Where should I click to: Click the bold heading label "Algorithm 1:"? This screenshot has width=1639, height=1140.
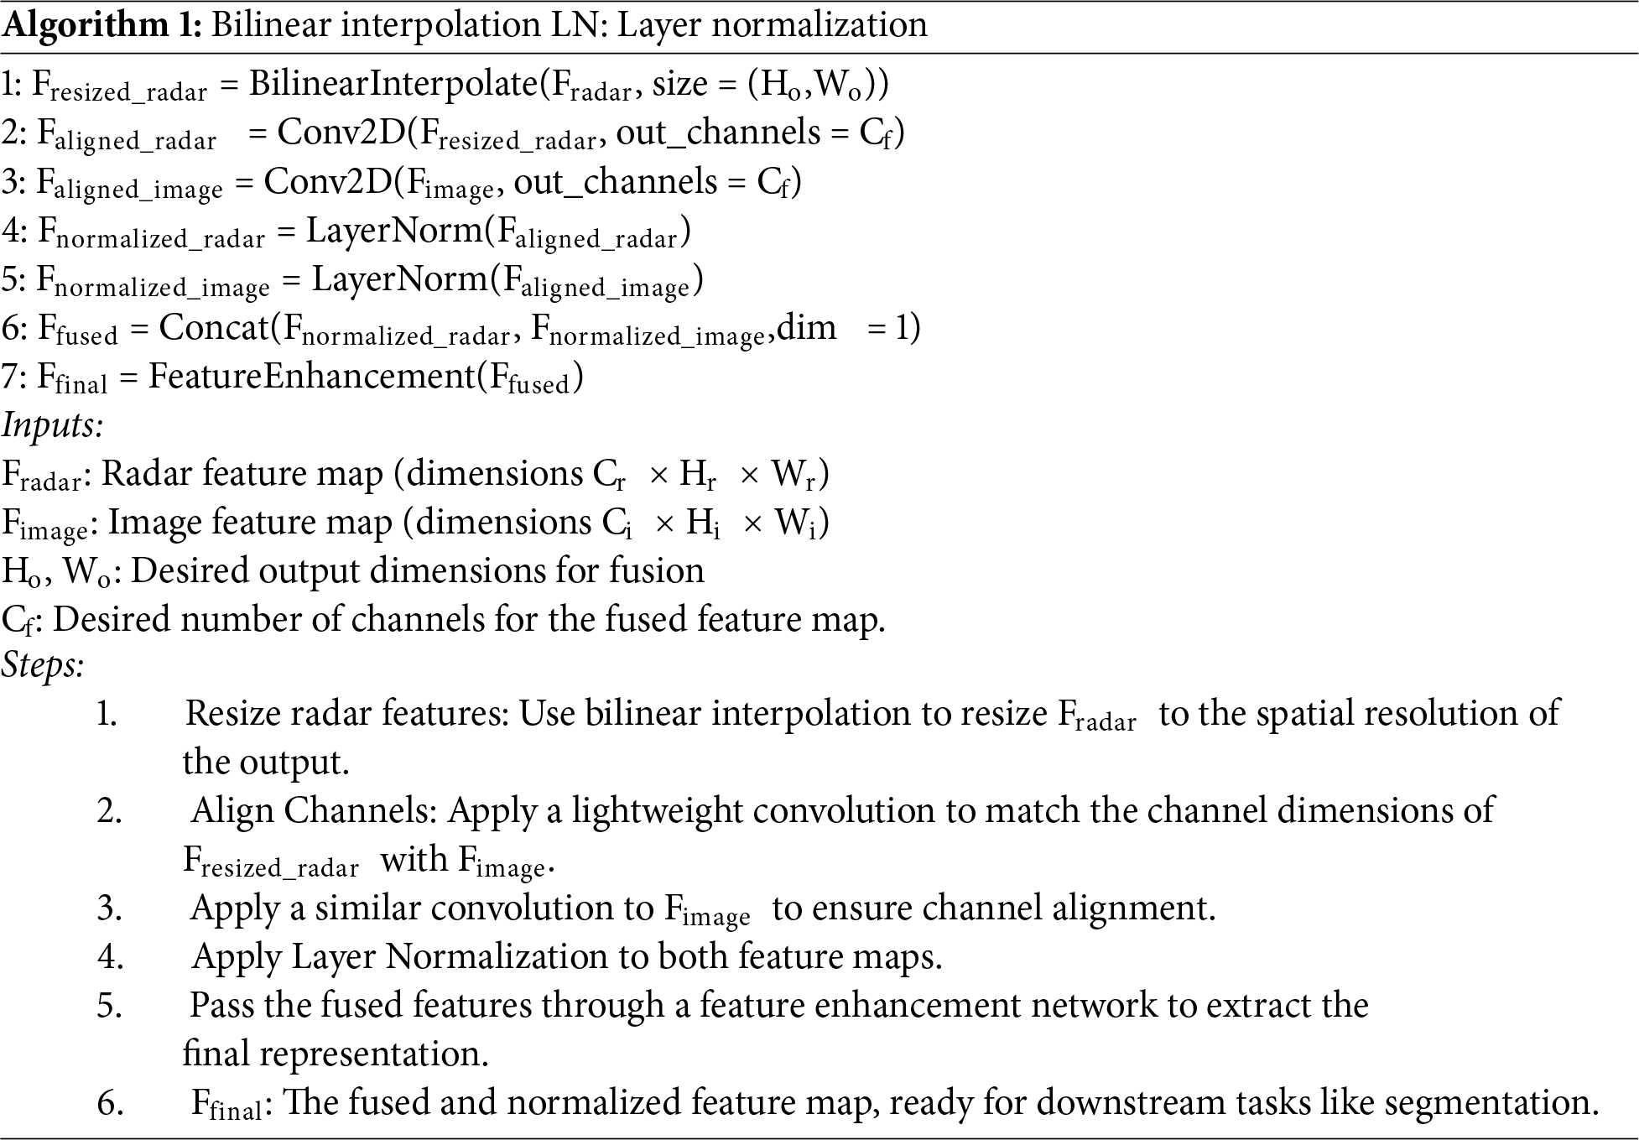101,26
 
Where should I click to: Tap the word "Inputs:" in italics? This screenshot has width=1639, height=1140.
52,425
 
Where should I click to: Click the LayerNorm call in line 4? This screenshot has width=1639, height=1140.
394,230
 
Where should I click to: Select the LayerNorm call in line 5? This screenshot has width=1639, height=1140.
400,278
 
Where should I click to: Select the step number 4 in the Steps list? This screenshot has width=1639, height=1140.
110,956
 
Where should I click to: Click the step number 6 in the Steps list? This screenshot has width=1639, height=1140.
110,1102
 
